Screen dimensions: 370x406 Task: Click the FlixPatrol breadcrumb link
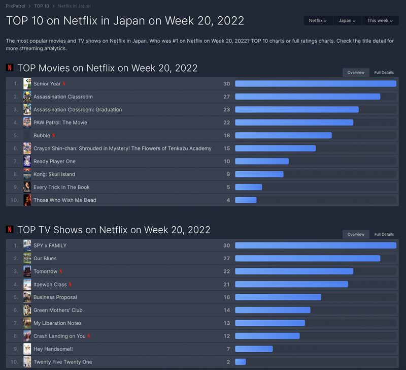click(x=16, y=6)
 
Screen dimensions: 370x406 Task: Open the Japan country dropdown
click(x=347, y=21)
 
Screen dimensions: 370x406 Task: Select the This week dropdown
click(x=379, y=21)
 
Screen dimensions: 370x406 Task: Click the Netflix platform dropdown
click(x=318, y=21)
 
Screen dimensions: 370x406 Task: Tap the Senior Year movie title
click(x=47, y=84)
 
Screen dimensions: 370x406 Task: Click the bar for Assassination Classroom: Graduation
click(x=296, y=110)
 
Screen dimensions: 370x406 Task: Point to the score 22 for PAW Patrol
click(x=226, y=122)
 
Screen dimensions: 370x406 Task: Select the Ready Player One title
click(x=54, y=161)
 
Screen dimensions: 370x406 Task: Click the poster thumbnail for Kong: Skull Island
click(x=27, y=174)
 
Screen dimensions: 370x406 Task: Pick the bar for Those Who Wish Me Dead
click(x=246, y=200)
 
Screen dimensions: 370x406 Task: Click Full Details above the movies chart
click(x=384, y=73)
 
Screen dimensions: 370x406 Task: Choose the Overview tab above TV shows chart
click(x=356, y=234)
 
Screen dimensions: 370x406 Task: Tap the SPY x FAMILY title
click(x=50, y=245)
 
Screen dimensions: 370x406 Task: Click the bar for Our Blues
click(x=307, y=259)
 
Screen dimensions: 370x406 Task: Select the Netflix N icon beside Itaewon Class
click(x=71, y=285)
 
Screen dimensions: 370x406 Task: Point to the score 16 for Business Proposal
click(x=226, y=297)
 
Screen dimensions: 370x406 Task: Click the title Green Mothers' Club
click(x=58, y=311)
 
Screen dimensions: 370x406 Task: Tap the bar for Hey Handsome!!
click(x=254, y=349)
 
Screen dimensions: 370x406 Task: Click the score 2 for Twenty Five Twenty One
click(x=228, y=362)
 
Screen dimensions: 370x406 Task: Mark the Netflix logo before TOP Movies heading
click(x=10, y=68)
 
